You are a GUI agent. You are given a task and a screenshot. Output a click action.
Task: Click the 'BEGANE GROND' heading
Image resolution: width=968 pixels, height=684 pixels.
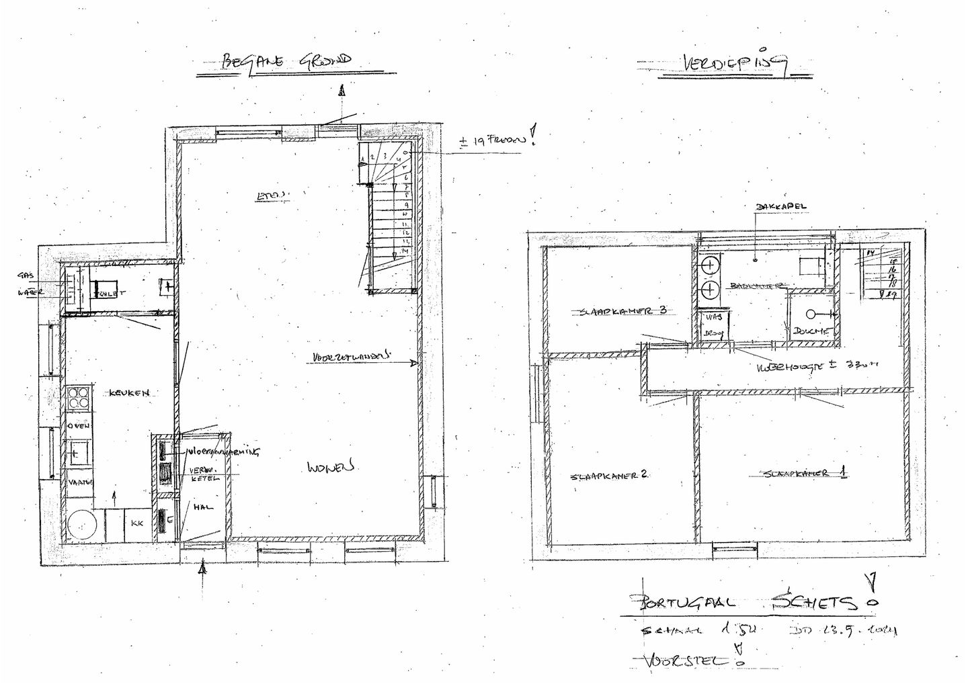tap(285, 61)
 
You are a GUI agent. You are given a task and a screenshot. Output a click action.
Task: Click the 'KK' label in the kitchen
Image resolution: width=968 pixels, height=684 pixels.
tap(137, 521)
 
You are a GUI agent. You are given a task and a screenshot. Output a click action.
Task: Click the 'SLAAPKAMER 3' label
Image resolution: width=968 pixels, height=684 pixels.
tap(622, 311)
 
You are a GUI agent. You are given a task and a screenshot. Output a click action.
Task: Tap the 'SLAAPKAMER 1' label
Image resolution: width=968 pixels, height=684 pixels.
tap(804, 474)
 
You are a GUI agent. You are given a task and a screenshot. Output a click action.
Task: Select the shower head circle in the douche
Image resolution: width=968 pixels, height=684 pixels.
tap(810, 314)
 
